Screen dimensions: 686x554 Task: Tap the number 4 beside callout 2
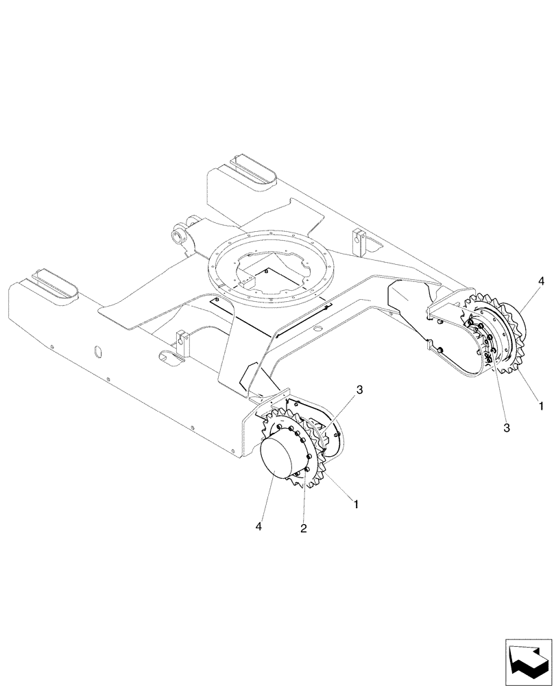click(x=259, y=526)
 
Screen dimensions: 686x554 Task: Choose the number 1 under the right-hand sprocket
click(x=541, y=405)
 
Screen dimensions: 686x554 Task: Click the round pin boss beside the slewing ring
click(x=179, y=237)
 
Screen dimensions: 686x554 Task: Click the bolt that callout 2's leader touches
click(x=310, y=458)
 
